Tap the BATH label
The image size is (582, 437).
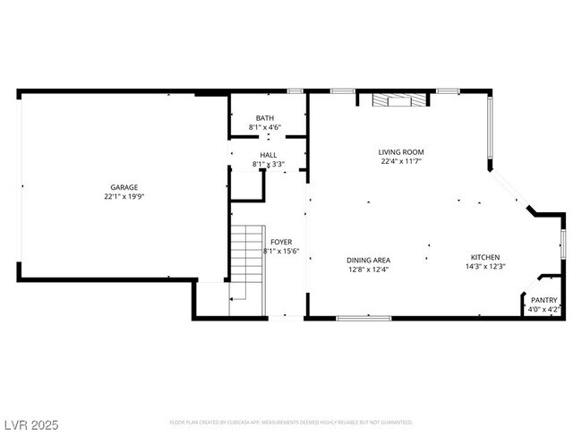point(265,118)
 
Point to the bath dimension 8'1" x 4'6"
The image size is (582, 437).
point(265,128)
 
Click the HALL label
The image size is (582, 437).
point(268,155)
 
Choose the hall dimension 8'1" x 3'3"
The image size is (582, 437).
point(268,165)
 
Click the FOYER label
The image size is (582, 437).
point(281,242)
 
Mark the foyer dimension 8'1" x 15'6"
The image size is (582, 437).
point(281,252)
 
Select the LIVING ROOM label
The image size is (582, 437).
point(400,152)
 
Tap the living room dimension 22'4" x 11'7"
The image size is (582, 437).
point(400,162)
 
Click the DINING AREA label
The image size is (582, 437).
point(368,260)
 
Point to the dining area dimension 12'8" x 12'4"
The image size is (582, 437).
point(368,270)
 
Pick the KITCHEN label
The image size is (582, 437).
point(485,256)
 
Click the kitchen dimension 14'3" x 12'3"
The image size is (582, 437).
point(485,266)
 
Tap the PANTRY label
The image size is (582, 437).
point(544,300)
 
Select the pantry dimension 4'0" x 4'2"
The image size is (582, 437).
point(544,310)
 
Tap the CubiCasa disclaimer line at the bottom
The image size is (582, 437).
point(291,422)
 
